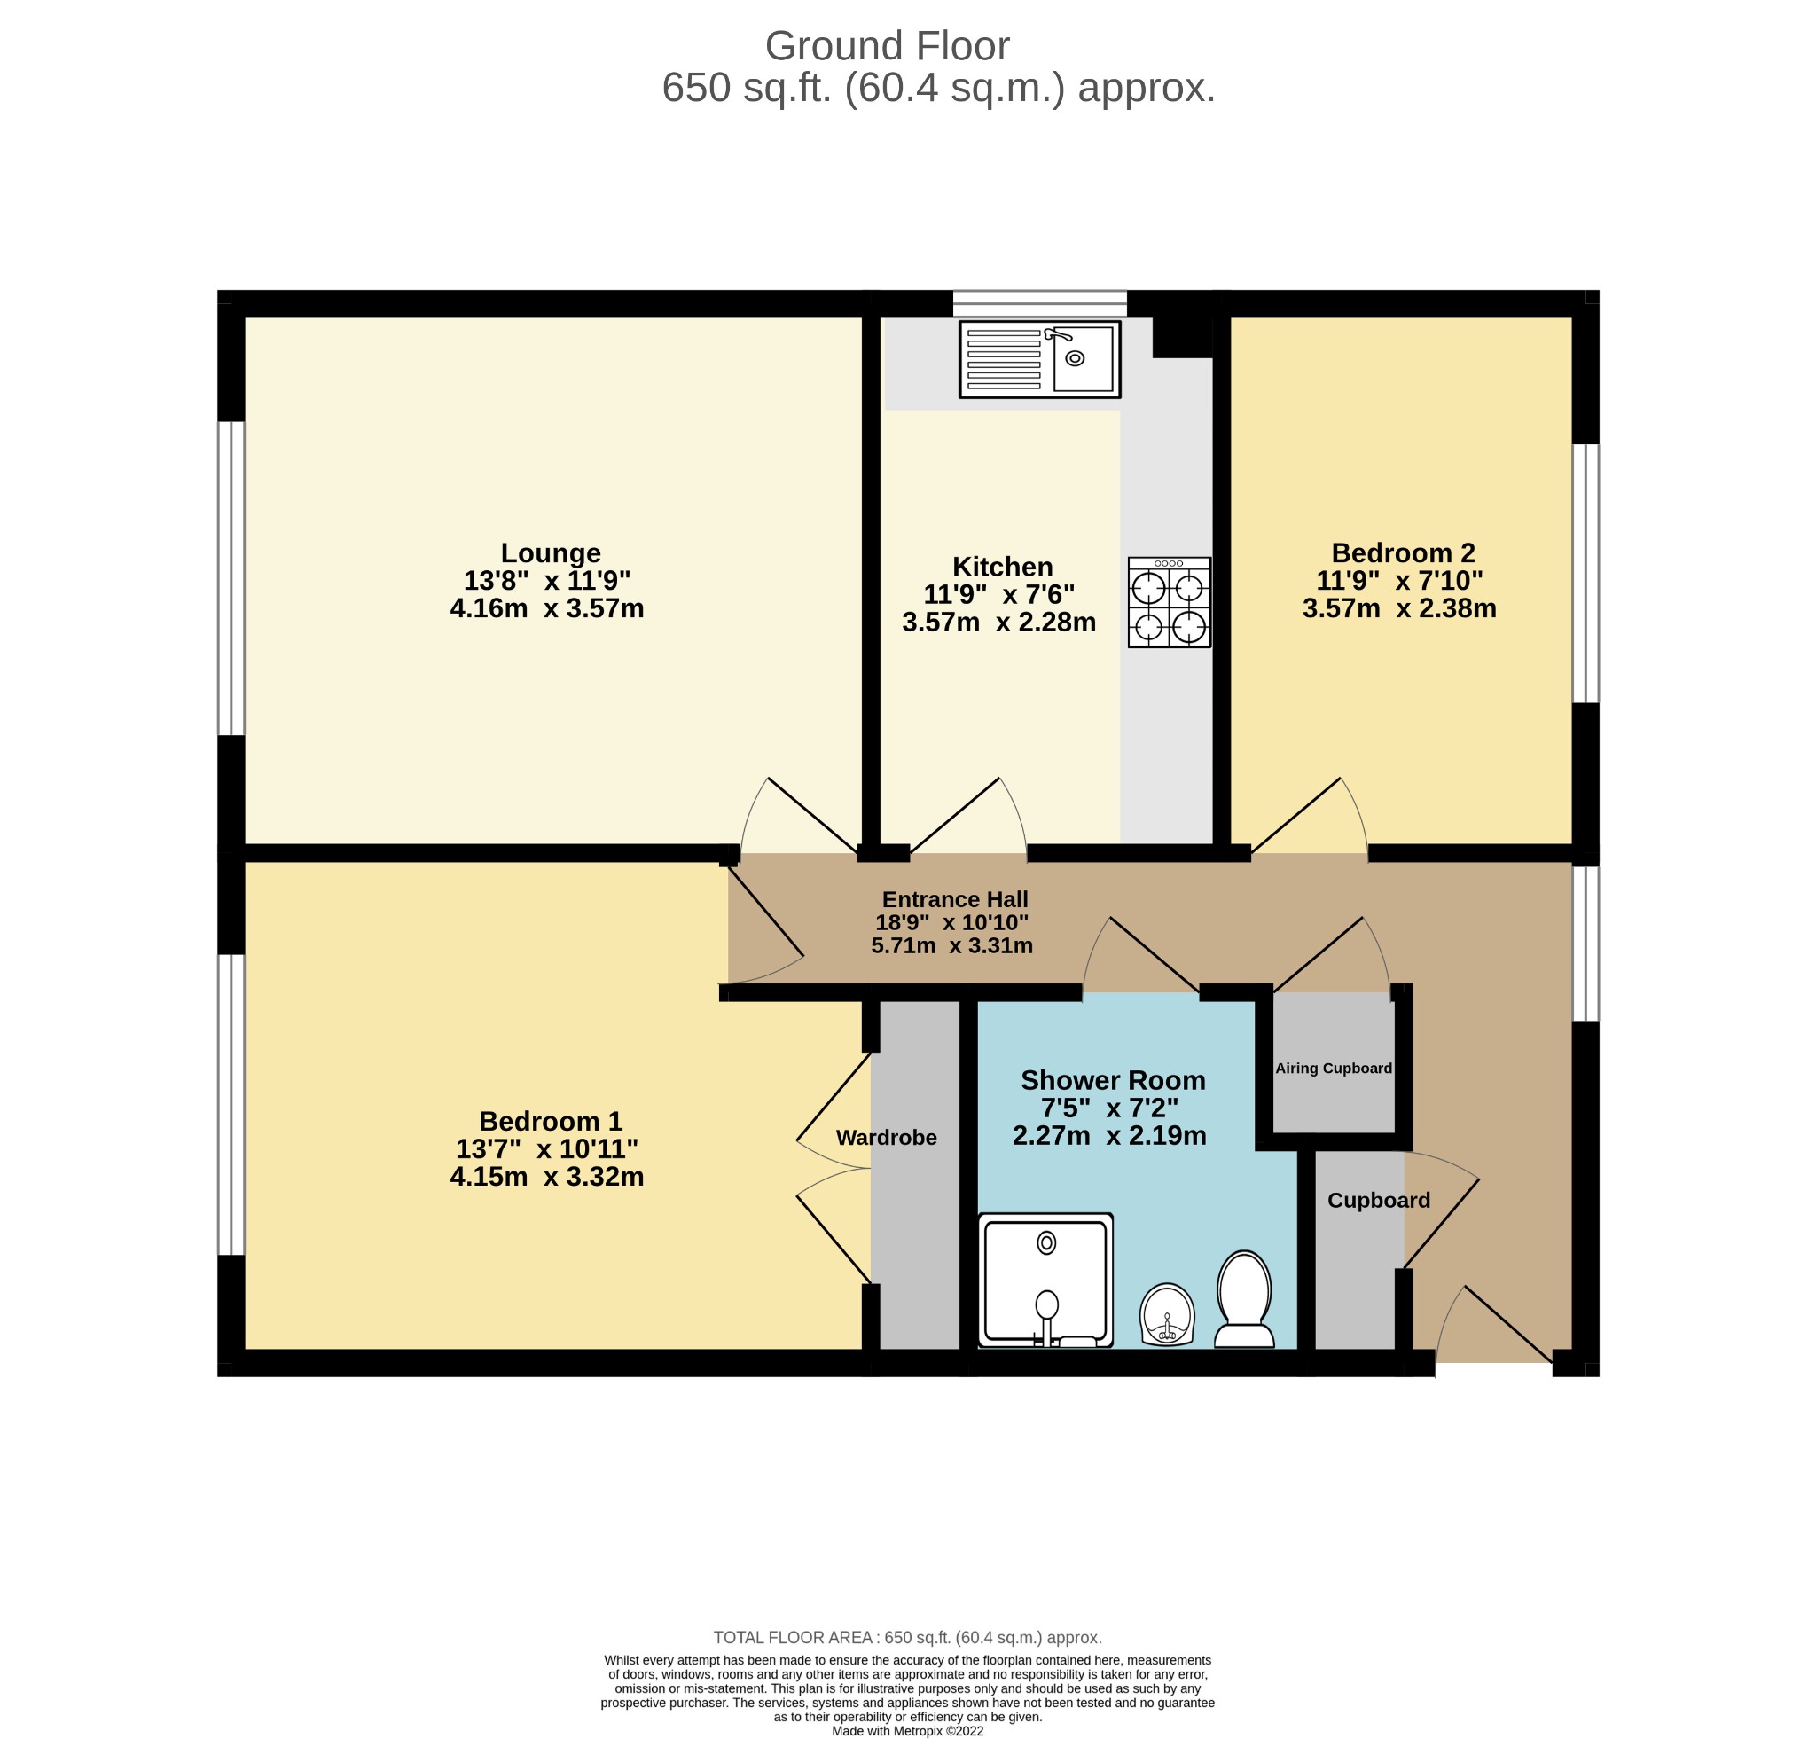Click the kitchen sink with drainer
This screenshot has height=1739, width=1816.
click(x=1039, y=359)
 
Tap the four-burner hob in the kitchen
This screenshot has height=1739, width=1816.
click(x=1170, y=602)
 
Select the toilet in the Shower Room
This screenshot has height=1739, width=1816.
click(x=1244, y=1299)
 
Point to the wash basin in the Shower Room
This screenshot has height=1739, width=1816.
click(x=1168, y=1313)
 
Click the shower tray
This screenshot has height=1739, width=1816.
click(x=1046, y=1281)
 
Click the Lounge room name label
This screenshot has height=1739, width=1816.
click(x=551, y=553)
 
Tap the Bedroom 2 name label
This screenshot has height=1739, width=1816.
click(x=1403, y=553)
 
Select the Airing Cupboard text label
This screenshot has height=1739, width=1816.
click(x=1334, y=1069)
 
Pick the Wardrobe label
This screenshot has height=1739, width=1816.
click(x=887, y=1138)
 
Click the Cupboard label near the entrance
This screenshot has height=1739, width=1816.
click(x=1379, y=1201)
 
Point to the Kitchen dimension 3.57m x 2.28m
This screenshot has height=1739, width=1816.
click(x=998, y=623)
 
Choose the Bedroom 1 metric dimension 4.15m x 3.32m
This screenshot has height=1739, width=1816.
click(x=546, y=1177)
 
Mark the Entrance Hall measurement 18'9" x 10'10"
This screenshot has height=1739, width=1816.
click(x=952, y=923)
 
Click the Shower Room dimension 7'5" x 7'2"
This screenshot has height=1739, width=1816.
click(x=1110, y=1108)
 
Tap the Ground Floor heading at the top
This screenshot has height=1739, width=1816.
click(x=887, y=45)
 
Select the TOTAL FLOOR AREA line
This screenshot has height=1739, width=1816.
click(x=908, y=1638)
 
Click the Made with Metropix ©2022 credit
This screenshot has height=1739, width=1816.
click(x=908, y=1731)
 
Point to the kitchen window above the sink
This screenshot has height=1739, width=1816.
click(x=1039, y=304)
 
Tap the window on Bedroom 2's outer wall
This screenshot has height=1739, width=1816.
click(x=1586, y=574)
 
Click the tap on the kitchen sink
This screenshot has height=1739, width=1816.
click(x=1057, y=334)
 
